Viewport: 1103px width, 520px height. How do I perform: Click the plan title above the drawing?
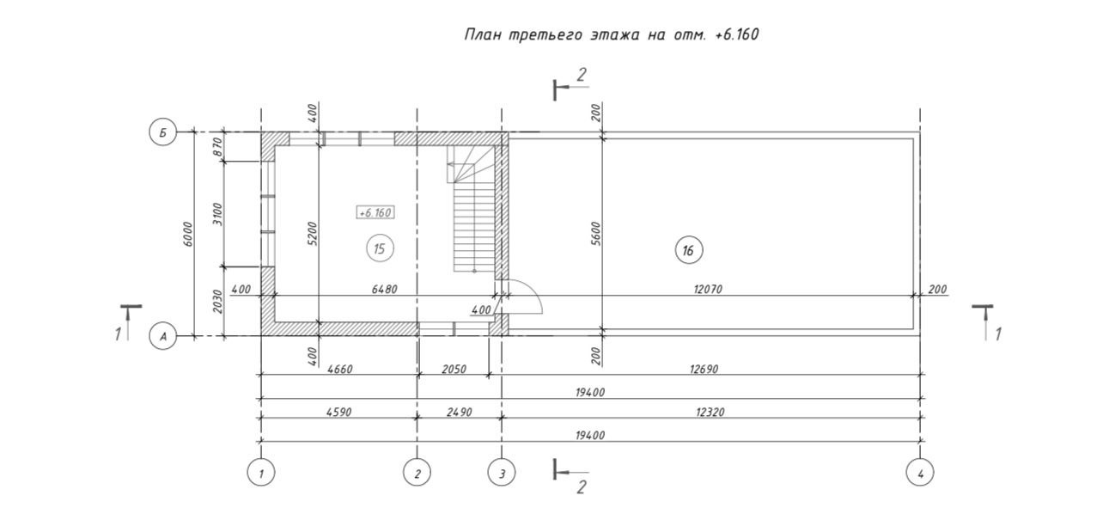[x=611, y=35]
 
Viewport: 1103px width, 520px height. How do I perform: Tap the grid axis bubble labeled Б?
[x=163, y=132]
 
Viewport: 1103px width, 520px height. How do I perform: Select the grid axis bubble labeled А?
[x=163, y=337]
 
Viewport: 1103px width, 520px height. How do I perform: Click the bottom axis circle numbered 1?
[x=260, y=472]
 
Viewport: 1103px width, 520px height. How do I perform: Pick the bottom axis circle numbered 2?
[x=417, y=472]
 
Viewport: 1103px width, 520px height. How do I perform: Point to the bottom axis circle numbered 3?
[x=502, y=472]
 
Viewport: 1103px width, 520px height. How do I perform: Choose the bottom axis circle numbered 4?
[x=920, y=472]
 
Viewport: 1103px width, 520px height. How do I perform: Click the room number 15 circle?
[x=380, y=249]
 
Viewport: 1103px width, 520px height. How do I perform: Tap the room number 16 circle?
[x=687, y=250]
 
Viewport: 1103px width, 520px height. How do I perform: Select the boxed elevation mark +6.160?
[x=375, y=212]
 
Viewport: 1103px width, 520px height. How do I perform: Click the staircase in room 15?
[x=475, y=215]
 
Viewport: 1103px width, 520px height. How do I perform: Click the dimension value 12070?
[x=708, y=290]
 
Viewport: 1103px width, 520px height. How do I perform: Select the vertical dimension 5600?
[x=595, y=234]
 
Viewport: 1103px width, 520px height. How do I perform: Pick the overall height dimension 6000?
[x=188, y=234]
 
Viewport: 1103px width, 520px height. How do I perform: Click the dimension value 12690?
[x=704, y=370]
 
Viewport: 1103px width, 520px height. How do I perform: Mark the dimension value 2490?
[x=460, y=413]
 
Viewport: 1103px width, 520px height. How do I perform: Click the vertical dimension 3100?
[x=217, y=213]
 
